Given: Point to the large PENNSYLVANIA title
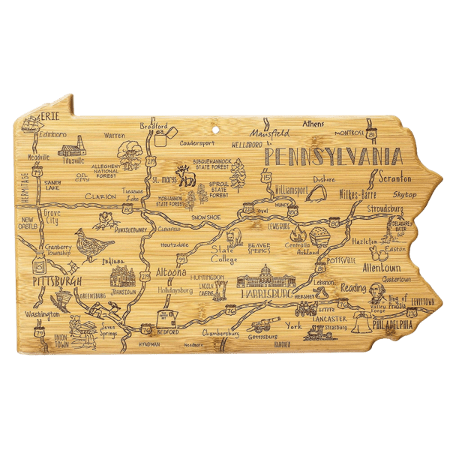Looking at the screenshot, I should point(331,156).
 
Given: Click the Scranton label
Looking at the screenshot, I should point(395,179).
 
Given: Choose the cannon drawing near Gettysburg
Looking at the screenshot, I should point(264,324).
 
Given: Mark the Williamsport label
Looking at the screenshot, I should point(290,190).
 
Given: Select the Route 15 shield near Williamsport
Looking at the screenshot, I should point(268,177).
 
